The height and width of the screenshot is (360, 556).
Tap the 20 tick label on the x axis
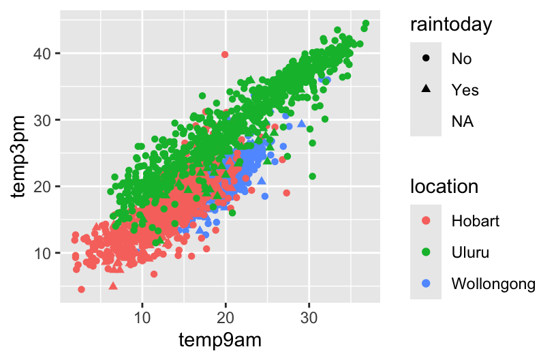pyautogui.click(x=226, y=317)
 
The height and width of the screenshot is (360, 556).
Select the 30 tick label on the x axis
pyautogui.click(x=309, y=317)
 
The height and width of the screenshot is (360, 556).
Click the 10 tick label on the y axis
pyautogui.click(x=43, y=253)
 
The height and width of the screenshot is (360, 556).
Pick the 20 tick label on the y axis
pyautogui.click(x=43, y=186)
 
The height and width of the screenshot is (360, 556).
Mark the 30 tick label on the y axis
pyautogui.click(x=43, y=120)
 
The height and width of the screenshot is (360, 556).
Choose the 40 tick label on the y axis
pyautogui.click(x=43, y=53)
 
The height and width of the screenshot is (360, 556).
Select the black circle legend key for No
pyautogui.click(x=426, y=59)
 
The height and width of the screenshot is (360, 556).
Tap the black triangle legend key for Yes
pyautogui.click(x=426, y=89)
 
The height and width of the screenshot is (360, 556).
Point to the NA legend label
pyautogui.click(x=463, y=121)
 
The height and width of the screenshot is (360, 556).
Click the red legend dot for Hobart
pyautogui.click(x=426, y=221)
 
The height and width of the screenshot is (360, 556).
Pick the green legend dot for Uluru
pyautogui.click(x=426, y=252)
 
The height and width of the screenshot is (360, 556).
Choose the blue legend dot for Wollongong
pyautogui.click(x=426, y=283)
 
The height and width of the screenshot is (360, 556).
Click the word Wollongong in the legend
pyautogui.click(x=493, y=283)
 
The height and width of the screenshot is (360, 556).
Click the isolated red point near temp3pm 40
pyautogui.click(x=225, y=55)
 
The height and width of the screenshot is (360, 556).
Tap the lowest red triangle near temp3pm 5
pyautogui.click(x=113, y=286)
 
